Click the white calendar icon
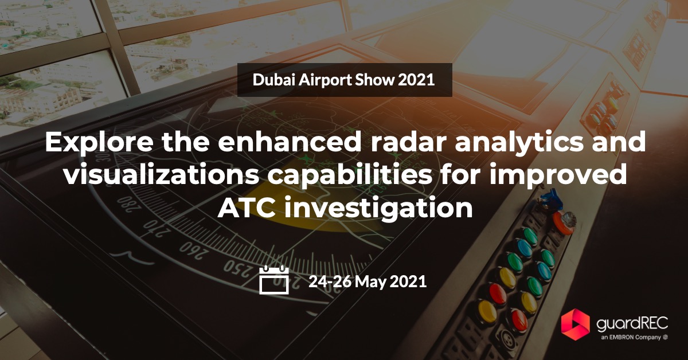(x=273, y=280)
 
